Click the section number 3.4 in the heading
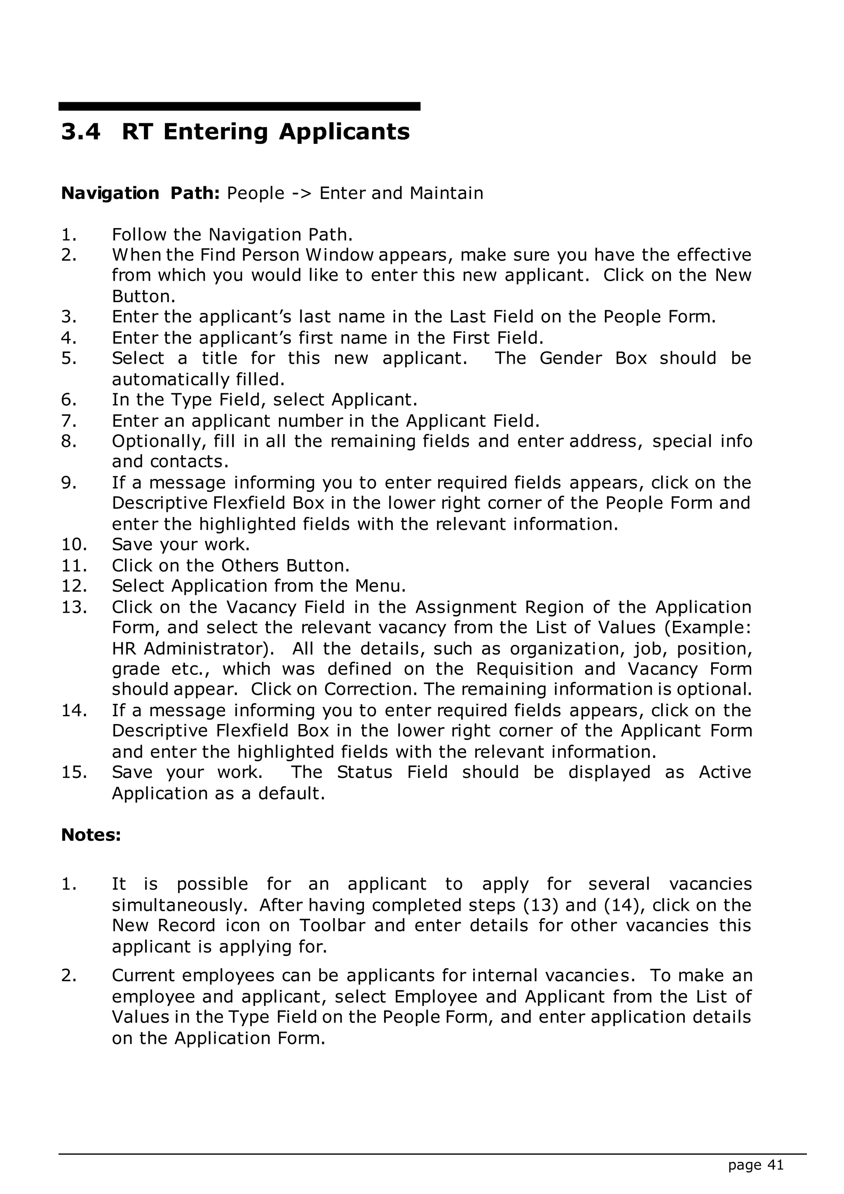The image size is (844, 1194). (x=80, y=132)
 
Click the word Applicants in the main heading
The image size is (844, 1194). (x=344, y=132)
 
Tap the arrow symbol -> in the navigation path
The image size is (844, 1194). (x=302, y=193)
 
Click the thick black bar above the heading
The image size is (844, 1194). (x=239, y=106)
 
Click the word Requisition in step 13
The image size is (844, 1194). (x=524, y=669)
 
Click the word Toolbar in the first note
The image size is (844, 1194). (x=332, y=926)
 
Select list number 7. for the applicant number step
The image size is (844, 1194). (x=69, y=421)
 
